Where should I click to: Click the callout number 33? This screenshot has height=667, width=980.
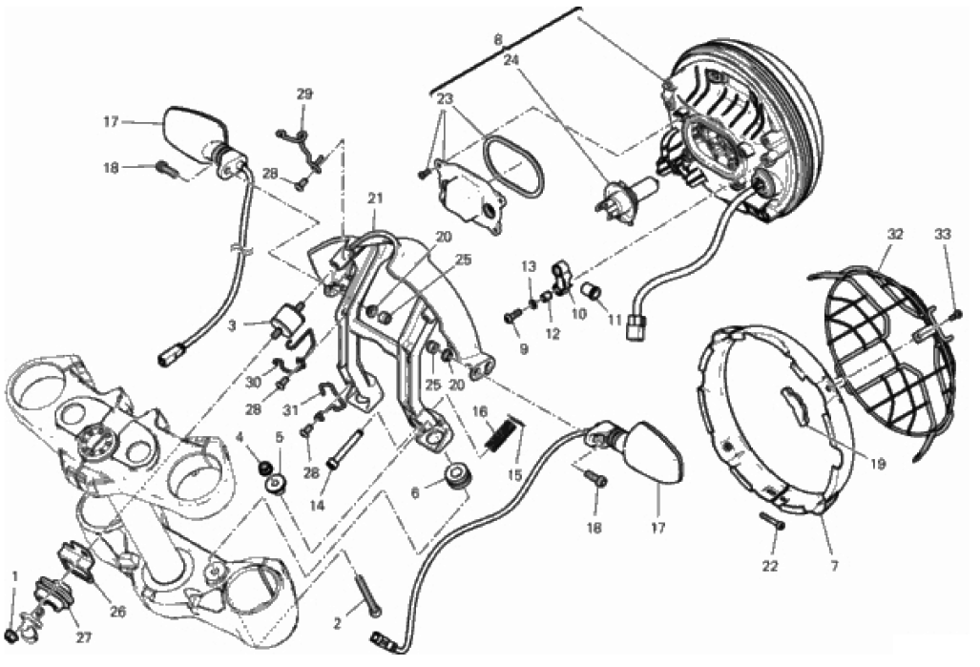point(943,235)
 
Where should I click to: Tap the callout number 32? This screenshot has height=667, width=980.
point(895,235)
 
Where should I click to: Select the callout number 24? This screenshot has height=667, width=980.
point(511,61)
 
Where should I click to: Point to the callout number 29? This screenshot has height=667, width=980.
point(303,94)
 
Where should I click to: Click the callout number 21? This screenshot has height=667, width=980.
point(374,198)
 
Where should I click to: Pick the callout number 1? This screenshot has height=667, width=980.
point(15,574)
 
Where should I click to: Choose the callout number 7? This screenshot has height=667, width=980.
point(835,567)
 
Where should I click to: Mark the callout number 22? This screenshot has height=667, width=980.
point(770,566)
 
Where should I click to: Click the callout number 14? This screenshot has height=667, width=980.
point(317,506)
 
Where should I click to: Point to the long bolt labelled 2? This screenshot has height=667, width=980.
point(367,594)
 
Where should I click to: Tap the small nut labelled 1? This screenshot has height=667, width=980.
point(10,635)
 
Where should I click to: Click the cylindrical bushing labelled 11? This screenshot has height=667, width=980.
point(591,290)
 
